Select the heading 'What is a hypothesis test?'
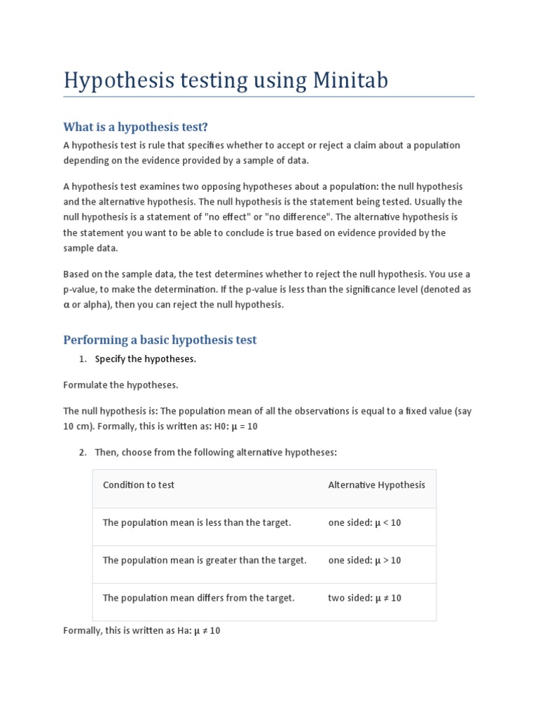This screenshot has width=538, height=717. pyautogui.click(x=136, y=127)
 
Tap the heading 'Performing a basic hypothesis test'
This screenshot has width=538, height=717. pyautogui.click(x=160, y=340)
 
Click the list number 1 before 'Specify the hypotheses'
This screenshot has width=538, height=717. pyautogui.click(x=82, y=359)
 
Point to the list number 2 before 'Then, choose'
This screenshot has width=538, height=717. pyautogui.click(x=82, y=452)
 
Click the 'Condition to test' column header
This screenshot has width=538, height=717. pyautogui.click(x=139, y=485)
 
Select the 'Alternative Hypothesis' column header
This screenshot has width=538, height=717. pyautogui.click(x=376, y=485)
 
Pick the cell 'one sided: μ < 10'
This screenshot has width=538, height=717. pyautogui.click(x=364, y=522)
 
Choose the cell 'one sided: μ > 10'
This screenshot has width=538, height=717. pyautogui.click(x=364, y=560)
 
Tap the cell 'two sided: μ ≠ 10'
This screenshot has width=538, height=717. pyautogui.click(x=364, y=598)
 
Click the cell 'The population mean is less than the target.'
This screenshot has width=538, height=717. pyautogui.click(x=196, y=522)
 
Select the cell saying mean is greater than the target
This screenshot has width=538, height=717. pyautogui.click(x=205, y=560)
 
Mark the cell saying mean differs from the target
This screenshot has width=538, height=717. pyautogui.click(x=198, y=598)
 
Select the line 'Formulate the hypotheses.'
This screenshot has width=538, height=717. pyautogui.click(x=120, y=385)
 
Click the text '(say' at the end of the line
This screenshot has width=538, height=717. pyautogui.click(x=463, y=411)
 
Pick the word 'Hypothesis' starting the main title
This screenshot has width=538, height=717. pyautogui.click(x=116, y=81)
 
